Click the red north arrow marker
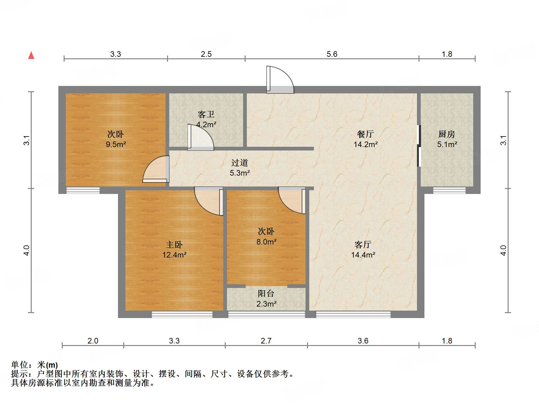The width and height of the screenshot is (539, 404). [31, 55]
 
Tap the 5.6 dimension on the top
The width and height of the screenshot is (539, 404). [332, 54]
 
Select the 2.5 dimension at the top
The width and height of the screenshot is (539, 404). [206, 54]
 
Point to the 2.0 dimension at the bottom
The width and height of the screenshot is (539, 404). [93, 341]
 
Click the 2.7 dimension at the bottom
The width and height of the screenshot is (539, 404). [266, 341]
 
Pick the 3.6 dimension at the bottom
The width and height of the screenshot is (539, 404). [363, 341]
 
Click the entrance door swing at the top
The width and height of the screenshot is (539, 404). [279, 80]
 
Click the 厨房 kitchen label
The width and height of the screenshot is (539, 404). [447, 134]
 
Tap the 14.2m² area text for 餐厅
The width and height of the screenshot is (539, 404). [365, 144]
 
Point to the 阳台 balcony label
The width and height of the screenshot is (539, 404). [266, 293]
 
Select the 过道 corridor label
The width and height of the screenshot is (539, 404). [239, 163]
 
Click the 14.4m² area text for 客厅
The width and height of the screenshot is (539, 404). [363, 255]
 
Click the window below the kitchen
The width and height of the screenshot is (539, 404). [449, 190]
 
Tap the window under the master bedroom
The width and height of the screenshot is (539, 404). [182, 314]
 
